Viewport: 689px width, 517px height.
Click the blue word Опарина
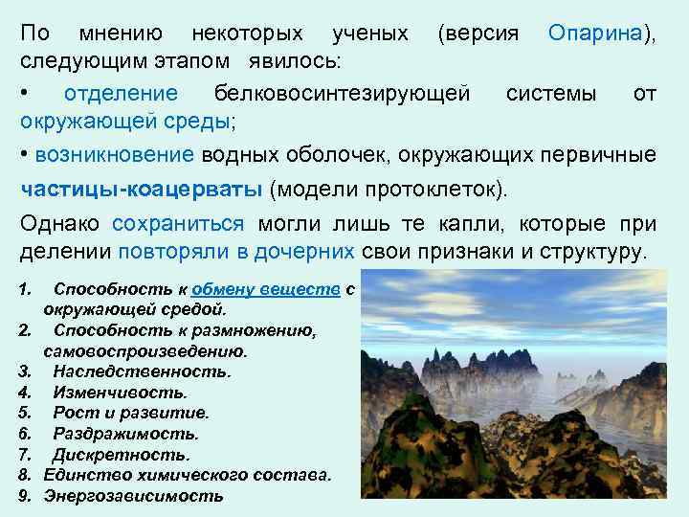595,34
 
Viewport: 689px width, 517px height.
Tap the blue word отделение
121,94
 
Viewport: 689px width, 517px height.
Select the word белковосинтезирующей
343,94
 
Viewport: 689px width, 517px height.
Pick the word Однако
61,224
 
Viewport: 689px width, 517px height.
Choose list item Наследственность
142,371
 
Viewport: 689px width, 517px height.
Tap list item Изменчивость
121,392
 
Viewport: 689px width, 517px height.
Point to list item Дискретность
122,455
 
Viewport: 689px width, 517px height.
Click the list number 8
25,475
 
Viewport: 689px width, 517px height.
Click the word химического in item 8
187,475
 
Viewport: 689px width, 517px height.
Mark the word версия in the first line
479,34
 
